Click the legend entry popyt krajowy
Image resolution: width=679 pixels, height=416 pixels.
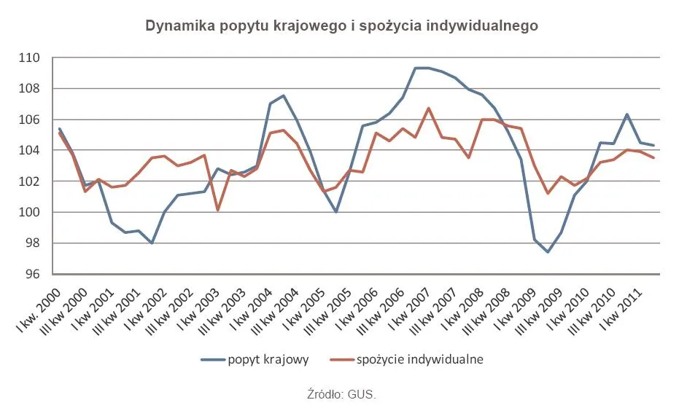tap(268, 359)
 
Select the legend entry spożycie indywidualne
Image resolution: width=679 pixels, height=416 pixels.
tap(420, 359)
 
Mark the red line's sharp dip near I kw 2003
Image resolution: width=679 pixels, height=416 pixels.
tap(218, 210)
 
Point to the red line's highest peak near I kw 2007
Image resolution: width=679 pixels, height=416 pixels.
tap(429, 109)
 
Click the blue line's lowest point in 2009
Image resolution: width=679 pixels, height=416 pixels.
tap(548, 252)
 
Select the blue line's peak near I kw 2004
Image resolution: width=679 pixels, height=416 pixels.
tap(283, 95)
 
